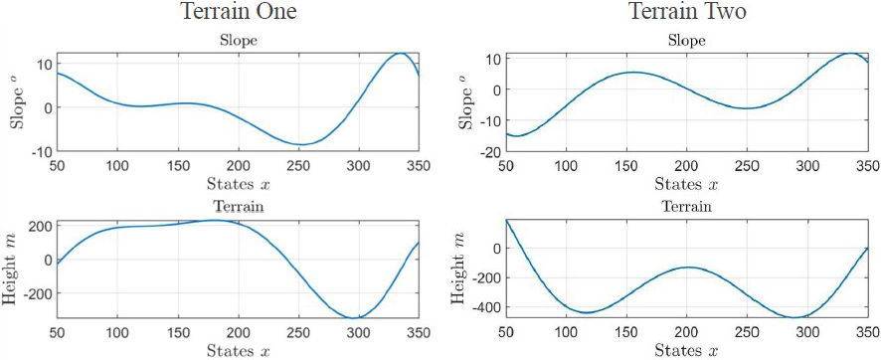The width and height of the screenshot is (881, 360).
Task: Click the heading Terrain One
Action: [238, 13]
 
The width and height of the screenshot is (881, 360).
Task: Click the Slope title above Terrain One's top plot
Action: [238, 42]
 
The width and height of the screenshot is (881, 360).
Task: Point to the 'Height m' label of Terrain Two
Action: [459, 268]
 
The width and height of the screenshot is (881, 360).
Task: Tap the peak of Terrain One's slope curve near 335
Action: [399, 54]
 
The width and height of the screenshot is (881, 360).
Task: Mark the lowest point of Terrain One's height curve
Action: [356, 318]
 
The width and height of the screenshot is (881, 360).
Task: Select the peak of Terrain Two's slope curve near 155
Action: [633, 72]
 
